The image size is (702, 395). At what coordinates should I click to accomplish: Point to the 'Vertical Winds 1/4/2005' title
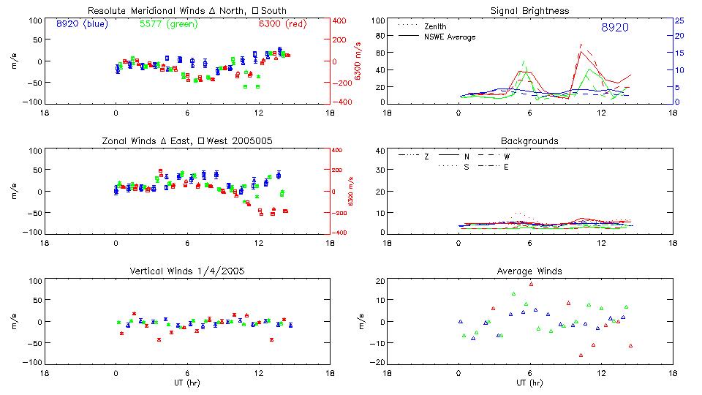point(186,271)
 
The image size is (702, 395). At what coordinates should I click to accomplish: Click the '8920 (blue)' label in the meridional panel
point(81,24)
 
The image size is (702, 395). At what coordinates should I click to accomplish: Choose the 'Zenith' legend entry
point(434,26)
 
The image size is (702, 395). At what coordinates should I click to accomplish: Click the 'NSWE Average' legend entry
point(449,37)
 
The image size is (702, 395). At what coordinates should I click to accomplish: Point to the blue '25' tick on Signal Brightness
point(679,20)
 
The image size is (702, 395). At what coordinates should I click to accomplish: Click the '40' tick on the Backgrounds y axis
point(380,151)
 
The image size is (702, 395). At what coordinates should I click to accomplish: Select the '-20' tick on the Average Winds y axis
point(378,362)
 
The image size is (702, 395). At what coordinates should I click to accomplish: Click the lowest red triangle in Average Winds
point(581,355)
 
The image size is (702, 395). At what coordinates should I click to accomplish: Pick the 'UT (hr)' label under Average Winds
point(529,383)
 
